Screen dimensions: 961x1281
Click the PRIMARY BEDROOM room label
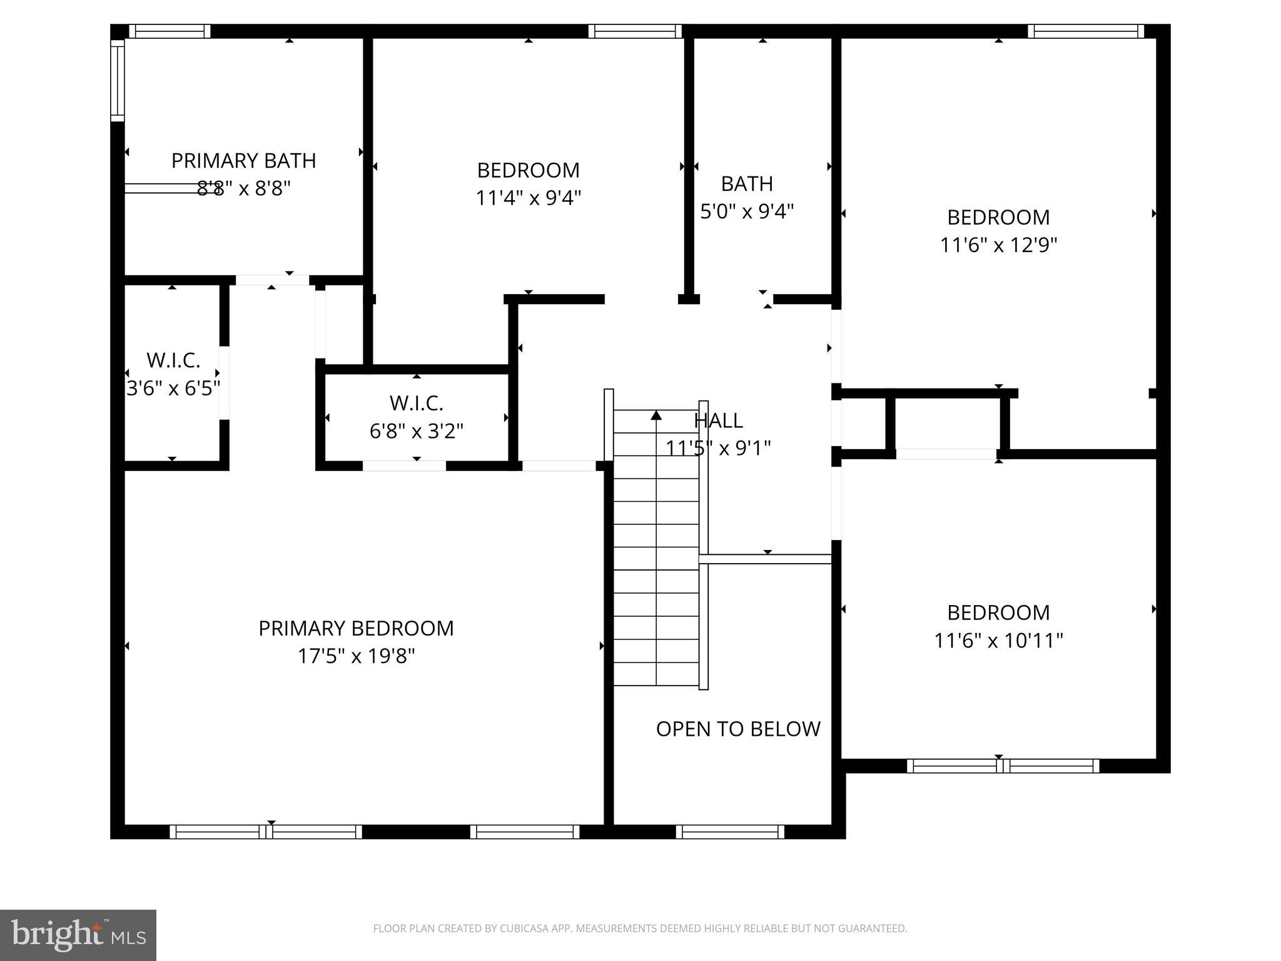(356, 628)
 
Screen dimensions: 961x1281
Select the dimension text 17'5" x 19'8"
(356, 656)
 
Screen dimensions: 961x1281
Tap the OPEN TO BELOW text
(738, 729)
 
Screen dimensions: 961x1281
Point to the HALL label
(718, 420)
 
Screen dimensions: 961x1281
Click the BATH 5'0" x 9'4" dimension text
(747, 211)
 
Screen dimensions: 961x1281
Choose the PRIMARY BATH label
(243, 161)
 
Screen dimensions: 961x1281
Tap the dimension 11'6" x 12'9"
(998, 245)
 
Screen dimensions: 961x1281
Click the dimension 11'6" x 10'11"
(998, 641)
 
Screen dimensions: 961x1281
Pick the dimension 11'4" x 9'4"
(529, 198)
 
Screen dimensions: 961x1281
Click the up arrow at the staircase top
(656, 415)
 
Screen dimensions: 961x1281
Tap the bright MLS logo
(78, 935)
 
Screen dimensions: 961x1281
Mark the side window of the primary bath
(117, 80)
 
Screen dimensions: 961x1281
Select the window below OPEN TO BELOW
(730, 831)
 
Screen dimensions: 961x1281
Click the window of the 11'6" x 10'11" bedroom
(1003, 766)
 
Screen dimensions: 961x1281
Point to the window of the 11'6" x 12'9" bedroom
(1086, 31)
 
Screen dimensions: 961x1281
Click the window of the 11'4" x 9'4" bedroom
(635, 31)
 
